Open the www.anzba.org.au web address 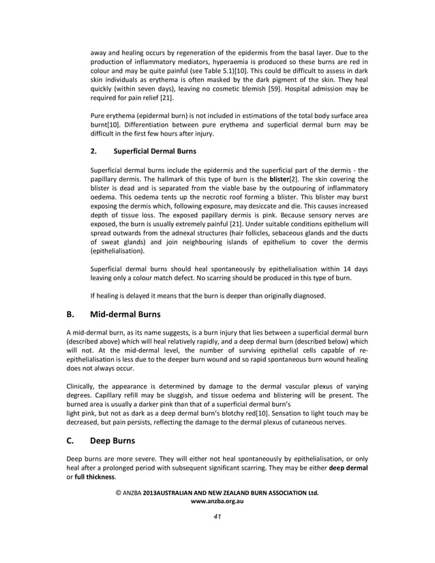click(x=217, y=501)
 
